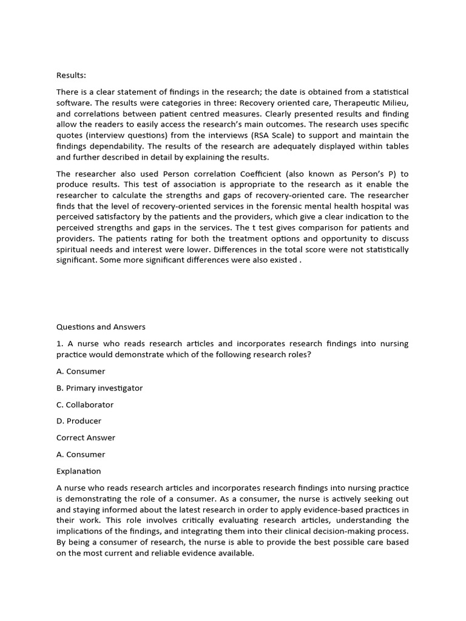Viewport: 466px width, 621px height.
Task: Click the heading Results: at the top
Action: pos(71,75)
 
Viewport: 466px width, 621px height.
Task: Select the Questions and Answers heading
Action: pos(101,327)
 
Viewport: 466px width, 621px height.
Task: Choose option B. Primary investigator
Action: pos(100,388)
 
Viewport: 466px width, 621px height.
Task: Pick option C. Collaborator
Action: pos(85,404)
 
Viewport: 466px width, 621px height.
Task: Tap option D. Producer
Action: pos(79,421)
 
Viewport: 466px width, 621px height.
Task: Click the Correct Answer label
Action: pos(86,438)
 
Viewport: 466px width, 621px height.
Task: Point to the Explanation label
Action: pos(79,471)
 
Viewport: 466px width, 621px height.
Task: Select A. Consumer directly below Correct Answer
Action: pos(81,454)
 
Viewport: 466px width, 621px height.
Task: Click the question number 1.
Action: pos(59,344)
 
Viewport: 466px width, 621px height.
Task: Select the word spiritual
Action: pos(74,249)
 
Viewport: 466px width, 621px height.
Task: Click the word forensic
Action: pos(270,206)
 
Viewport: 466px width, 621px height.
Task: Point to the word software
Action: pos(73,102)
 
